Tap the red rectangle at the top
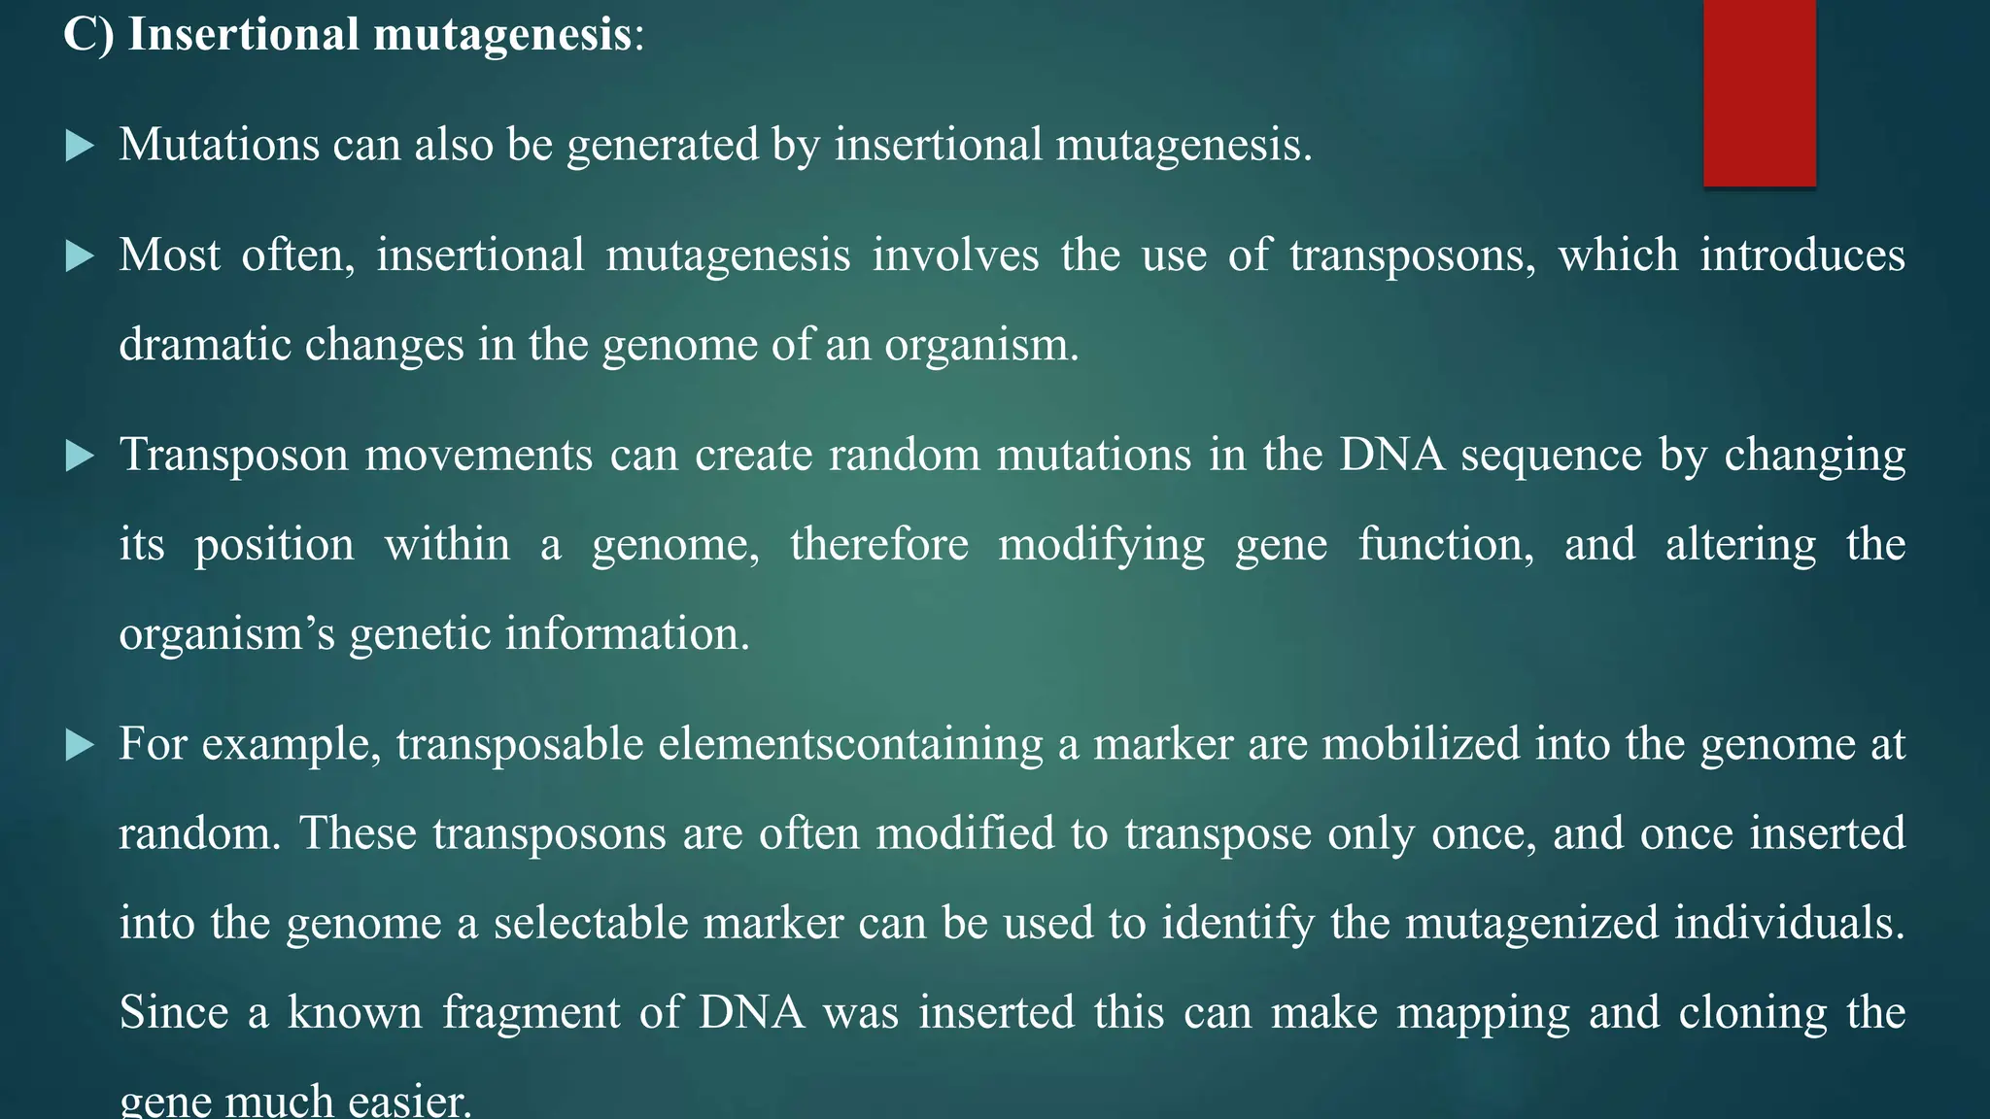(x=1759, y=92)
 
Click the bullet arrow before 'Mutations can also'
(x=80, y=147)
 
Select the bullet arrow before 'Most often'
(x=80, y=257)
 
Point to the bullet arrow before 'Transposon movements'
(x=80, y=457)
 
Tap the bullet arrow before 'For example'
(x=80, y=746)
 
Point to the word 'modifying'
(x=1101, y=545)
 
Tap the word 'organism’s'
(x=226, y=634)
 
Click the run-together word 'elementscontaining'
(x=850, y=745)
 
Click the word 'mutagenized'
(x=1531, y=924)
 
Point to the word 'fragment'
(x=531, y=1013)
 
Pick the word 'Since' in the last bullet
(x=174, y=1013)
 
